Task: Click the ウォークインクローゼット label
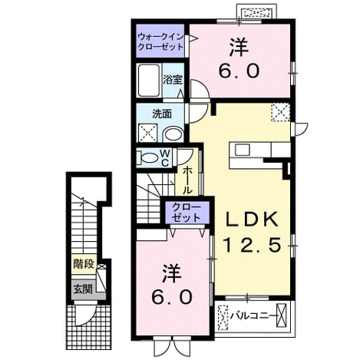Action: click(x=160, y=42)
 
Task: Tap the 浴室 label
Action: click(x=173, y=80)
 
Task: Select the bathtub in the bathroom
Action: click(x=149, y=80)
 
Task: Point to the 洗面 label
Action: click(x=162, y=114)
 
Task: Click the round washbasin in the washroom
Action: click(x=173, y=134)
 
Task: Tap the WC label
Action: click(x=166, y=157)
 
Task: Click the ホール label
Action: click(x=187, y=180)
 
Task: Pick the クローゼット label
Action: click(x=186, y=213)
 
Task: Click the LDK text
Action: click(x=252, y=220)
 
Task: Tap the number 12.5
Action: click(x=253, y=246)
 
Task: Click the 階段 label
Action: click(x=84, y=264)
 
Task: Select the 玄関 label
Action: click(x=83, y=289)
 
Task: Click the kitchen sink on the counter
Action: click(x=243, y=150)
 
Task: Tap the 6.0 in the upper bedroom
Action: click(x=239, y=71)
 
